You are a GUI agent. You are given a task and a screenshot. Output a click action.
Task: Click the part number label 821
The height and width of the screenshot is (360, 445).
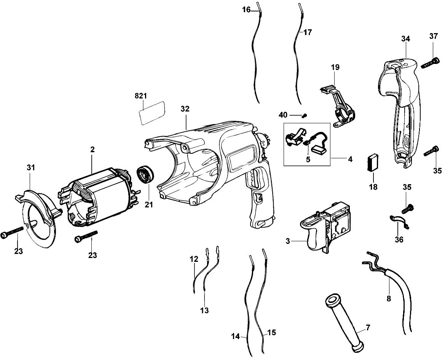(143, 96)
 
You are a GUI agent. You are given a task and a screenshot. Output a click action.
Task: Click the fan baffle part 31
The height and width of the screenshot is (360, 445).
(38, 217)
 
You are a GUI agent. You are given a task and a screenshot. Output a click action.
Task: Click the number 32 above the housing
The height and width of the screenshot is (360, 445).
(185, 109)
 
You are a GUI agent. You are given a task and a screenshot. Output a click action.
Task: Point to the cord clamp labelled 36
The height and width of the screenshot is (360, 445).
(398, 222)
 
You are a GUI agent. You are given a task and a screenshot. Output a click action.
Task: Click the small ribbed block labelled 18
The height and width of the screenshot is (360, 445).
(373, 163)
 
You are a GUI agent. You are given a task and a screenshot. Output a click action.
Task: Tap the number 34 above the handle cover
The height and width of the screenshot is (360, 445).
(405, 39)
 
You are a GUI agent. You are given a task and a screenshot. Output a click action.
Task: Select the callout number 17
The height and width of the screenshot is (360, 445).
(308, 33)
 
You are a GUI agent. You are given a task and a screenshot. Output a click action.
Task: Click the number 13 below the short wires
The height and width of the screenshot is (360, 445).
(204, 311)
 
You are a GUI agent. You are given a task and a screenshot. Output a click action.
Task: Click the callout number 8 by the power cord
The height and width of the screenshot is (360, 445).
(389, 299)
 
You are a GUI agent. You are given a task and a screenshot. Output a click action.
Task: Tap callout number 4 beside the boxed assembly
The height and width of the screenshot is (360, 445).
(350, 159)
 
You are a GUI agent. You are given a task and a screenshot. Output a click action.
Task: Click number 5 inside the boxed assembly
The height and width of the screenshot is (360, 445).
(308, 159)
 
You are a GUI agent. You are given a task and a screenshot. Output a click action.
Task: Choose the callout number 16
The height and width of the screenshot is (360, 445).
(247, 10)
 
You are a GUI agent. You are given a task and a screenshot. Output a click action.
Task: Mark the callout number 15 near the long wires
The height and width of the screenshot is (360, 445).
(271, 333)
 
